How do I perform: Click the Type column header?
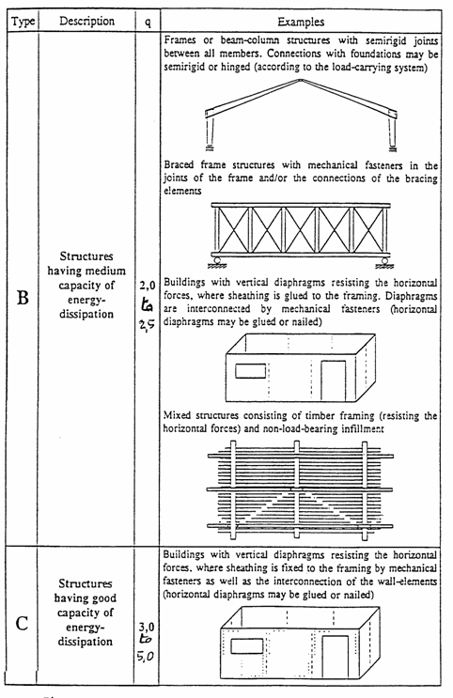(x=23, y=22)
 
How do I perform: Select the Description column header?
(x=86, y=21)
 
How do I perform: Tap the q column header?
(x=148, y=23)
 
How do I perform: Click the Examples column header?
(x=301, y=22)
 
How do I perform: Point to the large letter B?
(x=23, y=298)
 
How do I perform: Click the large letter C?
(x=22, y=623)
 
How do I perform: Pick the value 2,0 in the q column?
(x=147, y=286)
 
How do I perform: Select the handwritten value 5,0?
(x=146, y=656)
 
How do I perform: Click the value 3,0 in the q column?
(x=146, y=628)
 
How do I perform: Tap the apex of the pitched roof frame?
(x=301, y=80)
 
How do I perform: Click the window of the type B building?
(x=250, y=371)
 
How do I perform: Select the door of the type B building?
(x=334, y=381)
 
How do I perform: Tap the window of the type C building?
(x=247, y=646)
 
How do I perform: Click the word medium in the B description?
(x=105, y=271)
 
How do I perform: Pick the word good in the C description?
(x=103, y=597)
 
